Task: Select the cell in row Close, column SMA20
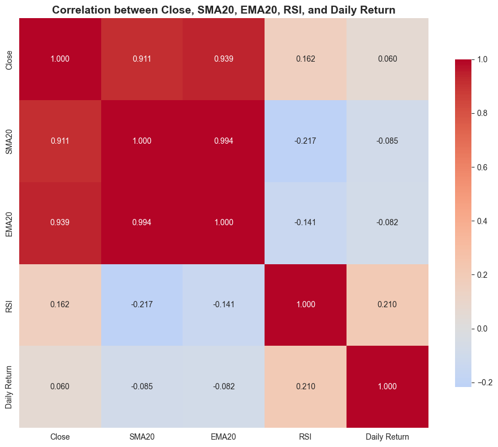point(142,59)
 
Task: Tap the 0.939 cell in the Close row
point(223,59)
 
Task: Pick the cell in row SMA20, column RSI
point(305,141)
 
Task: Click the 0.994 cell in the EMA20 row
point(142,223)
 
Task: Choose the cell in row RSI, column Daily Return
point(387,305)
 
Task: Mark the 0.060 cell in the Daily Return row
point(60,387)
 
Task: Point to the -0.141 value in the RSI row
point(223,305)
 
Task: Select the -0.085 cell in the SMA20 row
point(387,141)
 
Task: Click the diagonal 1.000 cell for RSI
point(305,305)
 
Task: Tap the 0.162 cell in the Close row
point(305,59)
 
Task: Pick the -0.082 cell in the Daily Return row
point(223,387)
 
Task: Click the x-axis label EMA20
point(223,437)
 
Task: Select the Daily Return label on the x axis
point(387,437)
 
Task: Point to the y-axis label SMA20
point(8,141)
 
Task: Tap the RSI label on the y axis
point(8,305)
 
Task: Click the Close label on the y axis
point(8,59)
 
